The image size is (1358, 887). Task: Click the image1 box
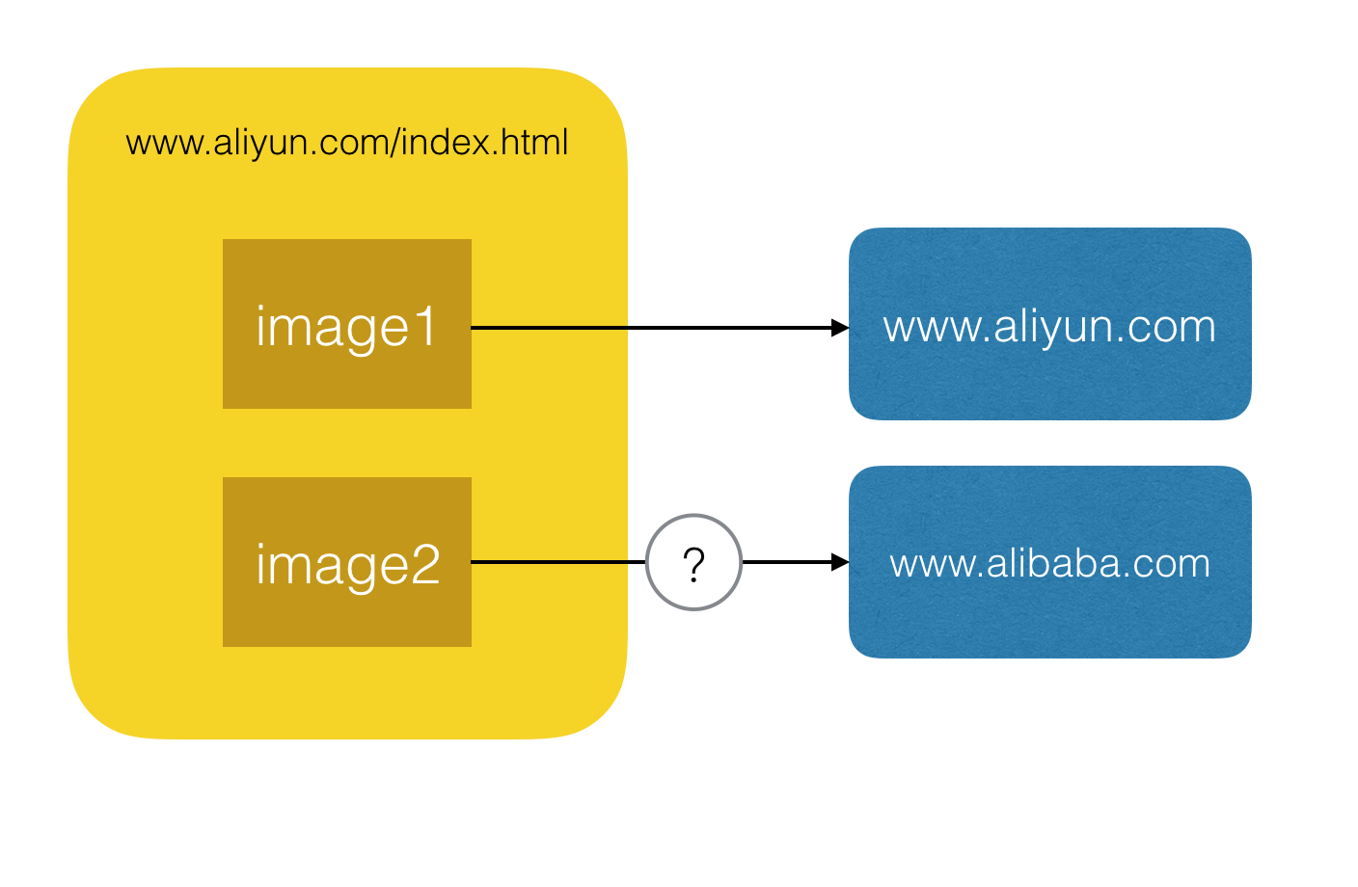click(x=347, y=324)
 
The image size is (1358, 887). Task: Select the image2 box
click(x=347, y=562)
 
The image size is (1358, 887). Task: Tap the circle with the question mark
click(x=693, y=562)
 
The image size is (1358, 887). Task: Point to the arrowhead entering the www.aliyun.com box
click(x=840, y=328)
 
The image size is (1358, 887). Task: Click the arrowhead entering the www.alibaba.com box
click(x=840, y=562)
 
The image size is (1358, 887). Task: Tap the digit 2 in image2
click(x=424, y=565)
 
